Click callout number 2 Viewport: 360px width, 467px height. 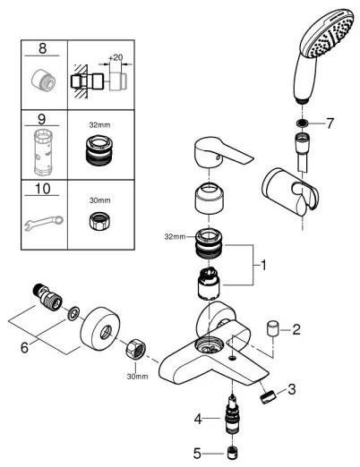point(296,329)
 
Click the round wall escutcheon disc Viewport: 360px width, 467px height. point(101,327)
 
